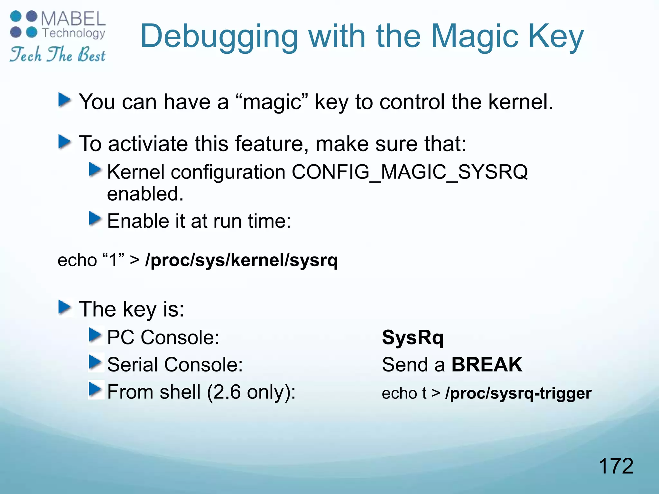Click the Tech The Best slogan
click(x=58, y=54)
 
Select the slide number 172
click(x=616, y=466)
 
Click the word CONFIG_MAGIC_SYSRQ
click(x=410, y=172)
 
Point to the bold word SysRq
click(x=413, y=338)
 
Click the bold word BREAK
click(x=487, y=365)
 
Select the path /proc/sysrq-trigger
click(x=518, y=393)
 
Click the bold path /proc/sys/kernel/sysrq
click(x=241, y=260)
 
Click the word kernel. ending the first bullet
click(x=521, y=102)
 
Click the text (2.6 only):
click(x=251, y=392)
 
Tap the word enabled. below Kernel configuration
click(x=145, y=194)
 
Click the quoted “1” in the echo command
click(x=113, y=260)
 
